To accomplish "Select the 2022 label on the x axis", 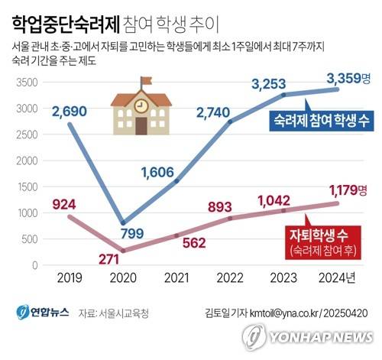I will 231,281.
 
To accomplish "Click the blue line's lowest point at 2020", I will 123,222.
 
